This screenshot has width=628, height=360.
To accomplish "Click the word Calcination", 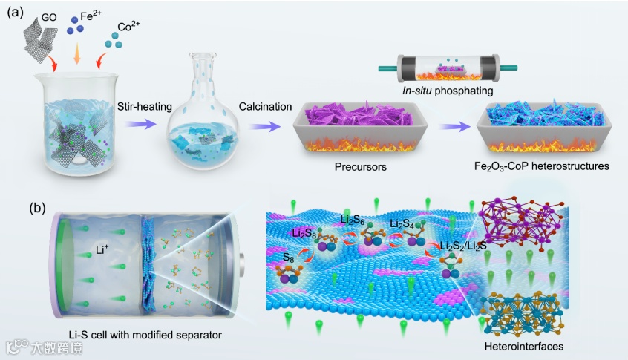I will tap(265, 106).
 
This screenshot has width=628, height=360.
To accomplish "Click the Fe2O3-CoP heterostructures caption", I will tap(540, 167).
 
